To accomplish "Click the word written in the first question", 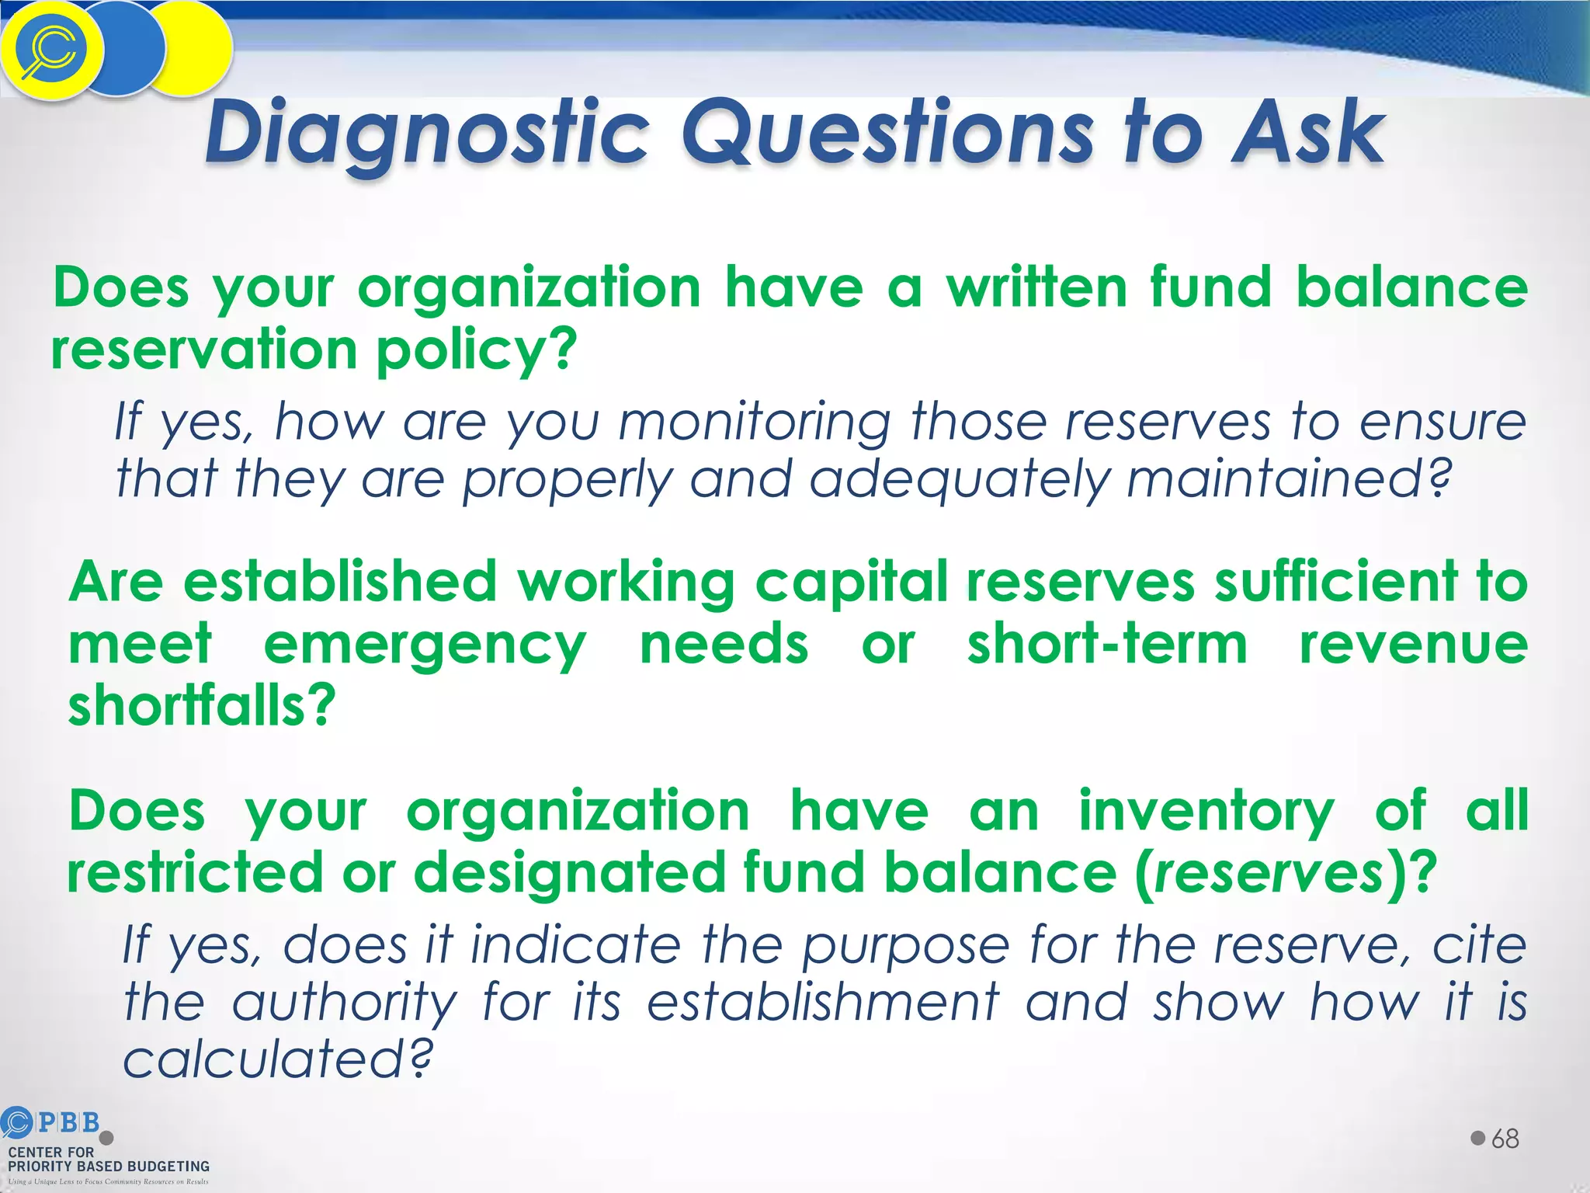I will coord(1036,287).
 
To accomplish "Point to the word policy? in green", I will coord(477,351).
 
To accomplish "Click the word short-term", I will coord(1107,645).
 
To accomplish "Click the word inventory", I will coord(1206,811).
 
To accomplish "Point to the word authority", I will coord(345,1003).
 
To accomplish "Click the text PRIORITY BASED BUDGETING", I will coord(109,1167).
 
